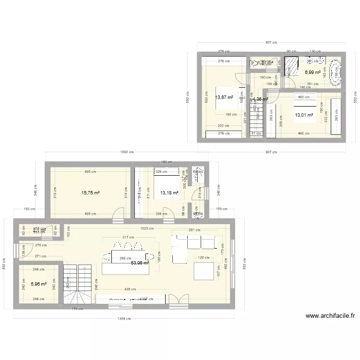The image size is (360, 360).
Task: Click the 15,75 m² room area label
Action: pos(90,192)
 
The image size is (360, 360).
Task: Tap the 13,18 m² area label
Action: pos(169,193)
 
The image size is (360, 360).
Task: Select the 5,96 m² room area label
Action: pos(39,284)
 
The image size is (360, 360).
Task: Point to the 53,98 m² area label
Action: pos(140,263)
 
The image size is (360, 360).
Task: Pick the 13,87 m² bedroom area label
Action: pos(224,97)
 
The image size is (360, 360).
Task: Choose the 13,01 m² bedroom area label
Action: pos(304,115)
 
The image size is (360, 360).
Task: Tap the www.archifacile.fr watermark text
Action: pos(330,316)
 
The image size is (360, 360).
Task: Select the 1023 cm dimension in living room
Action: pos(148,229)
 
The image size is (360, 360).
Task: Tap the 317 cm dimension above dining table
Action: pos(128,238)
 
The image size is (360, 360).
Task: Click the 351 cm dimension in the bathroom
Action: pos(313,84)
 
